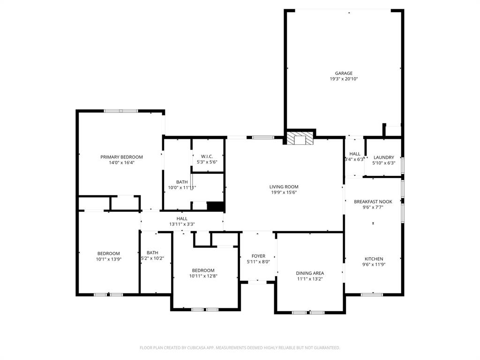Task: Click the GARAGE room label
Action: [344, 73]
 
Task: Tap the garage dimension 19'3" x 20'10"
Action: [344, 79]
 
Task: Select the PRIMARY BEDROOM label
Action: [121, 157]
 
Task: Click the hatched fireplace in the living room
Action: [300, 138]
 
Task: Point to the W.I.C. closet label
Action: [207, 156]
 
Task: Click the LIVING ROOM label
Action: [284, 186]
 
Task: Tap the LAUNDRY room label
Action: [383, 157]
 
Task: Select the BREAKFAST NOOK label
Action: [373, 202]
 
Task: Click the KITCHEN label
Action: [374, 259]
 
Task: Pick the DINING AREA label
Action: [310, 273]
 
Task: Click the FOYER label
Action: [258, 256]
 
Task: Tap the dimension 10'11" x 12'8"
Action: [203, 276]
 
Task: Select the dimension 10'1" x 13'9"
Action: [108, 259]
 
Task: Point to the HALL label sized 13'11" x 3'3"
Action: [182, 218]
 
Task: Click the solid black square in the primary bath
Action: [215, 207]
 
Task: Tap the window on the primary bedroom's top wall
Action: [121, 111]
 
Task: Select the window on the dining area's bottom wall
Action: [308, 312]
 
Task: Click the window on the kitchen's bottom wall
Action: [372, 294]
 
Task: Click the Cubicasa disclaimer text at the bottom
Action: [240, 348]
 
